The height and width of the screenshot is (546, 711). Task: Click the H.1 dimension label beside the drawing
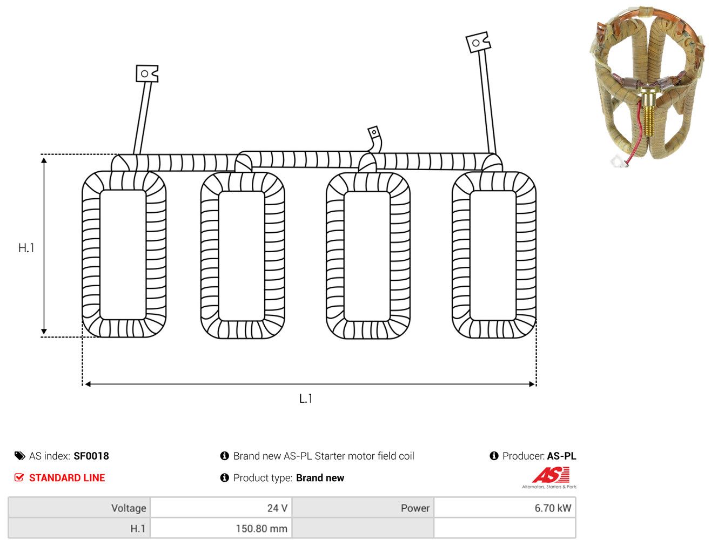26,248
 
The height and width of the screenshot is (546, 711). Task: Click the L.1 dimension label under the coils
306,399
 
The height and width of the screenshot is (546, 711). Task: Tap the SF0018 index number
91,456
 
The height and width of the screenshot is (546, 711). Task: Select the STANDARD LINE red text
67,477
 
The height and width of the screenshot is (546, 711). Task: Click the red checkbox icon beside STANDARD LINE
19,477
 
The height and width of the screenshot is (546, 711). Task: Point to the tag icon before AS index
19,456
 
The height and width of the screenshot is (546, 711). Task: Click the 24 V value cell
221,508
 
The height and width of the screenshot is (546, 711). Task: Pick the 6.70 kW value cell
505,508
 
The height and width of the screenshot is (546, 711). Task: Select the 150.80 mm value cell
221,528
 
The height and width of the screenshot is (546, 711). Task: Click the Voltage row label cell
79,508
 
